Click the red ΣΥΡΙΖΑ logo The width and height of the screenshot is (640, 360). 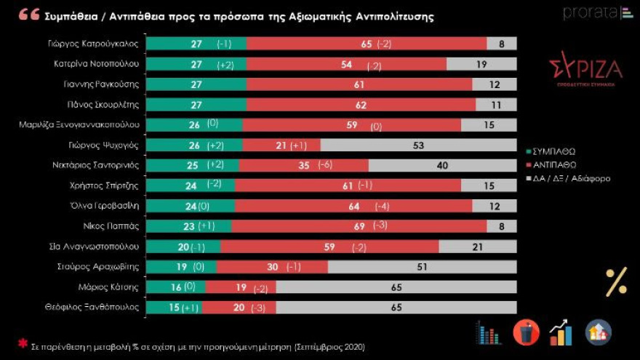pyautogui.click(x=585, y=71)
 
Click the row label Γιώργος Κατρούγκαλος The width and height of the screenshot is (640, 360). pyautogui.click(x=97, y=44)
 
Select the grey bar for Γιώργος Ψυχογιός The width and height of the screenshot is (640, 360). pyautogui.click(x=418, y=145)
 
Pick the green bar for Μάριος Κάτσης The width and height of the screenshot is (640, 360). pyautogui.click(x=175, y=287)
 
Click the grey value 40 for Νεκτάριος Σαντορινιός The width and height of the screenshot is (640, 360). pyautogui.click(x=442, y=166)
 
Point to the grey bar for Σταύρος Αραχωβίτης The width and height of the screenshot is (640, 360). pyautogui.click(x=422, y=267)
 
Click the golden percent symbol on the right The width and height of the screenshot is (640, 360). pyautogui.click(x=615, y=281)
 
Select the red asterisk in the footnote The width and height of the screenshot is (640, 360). pyautogui.click(x=23, y=343)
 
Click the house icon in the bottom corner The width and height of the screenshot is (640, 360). pyautogui.click(x=599, y=332)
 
